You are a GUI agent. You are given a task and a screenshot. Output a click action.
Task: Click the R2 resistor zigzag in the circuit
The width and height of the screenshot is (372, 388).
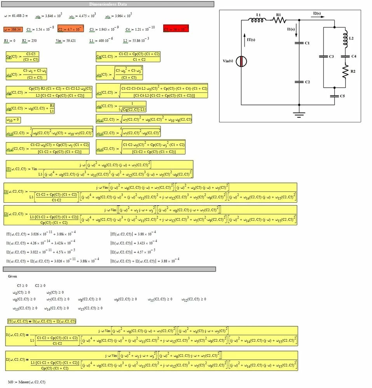(x=344, y=71)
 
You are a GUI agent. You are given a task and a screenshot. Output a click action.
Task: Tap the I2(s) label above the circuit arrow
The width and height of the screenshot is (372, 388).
(x=317, y=13)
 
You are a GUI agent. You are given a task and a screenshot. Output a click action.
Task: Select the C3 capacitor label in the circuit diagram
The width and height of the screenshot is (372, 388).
(x=331, y=57)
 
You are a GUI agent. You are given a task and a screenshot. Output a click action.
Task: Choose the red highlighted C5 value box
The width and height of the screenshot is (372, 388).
(x=176, y=29)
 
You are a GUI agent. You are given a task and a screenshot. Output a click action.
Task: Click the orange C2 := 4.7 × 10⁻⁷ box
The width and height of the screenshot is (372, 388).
(x=71, y=29)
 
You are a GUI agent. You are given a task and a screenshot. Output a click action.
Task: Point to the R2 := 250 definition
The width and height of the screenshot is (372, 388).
(x=29, y=40)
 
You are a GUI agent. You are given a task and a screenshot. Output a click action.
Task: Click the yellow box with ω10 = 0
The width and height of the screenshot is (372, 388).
(x=13, y=119)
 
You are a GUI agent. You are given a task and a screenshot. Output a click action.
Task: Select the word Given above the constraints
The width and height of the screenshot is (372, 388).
(x=12, y=277)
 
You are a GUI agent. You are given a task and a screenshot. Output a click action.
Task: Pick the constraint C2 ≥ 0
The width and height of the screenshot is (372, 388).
(x=40, y=285)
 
